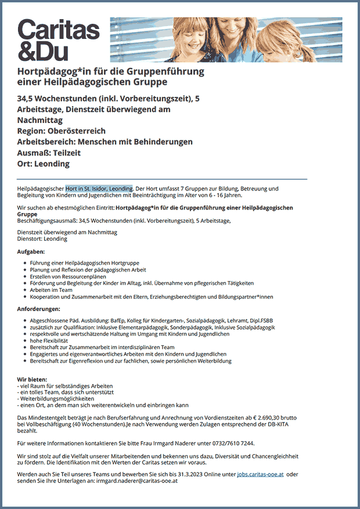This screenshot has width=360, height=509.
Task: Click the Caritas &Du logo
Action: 59,39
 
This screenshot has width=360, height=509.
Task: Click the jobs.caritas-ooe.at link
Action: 260,474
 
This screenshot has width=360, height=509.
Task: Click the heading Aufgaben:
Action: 31,251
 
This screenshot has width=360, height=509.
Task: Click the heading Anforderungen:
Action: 39,308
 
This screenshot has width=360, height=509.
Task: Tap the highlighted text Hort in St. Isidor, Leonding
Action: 99,189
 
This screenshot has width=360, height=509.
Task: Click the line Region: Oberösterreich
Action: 62,131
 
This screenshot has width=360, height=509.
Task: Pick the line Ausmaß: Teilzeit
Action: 49,153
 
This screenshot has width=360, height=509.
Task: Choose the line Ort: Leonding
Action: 44,164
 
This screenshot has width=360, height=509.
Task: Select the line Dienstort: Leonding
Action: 42,239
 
